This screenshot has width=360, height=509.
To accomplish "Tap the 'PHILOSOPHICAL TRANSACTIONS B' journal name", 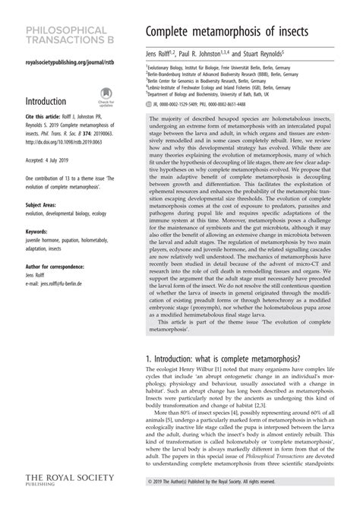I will click(68, 33).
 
